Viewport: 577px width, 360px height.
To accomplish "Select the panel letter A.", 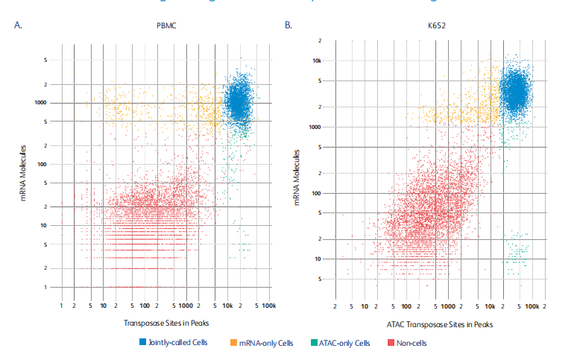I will pos(19,26).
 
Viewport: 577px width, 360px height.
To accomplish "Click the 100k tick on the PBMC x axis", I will pos(269,306).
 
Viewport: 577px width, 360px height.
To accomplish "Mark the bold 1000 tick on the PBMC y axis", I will pos(40,103).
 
